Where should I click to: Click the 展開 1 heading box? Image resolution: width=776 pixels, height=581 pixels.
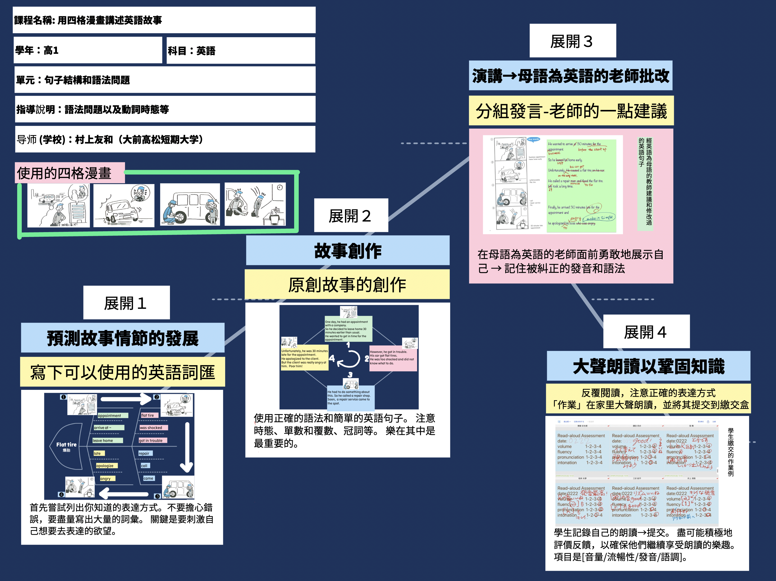pyautogui.click(x=126, y=303)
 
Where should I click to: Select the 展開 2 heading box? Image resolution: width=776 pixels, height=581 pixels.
pyautogui.click(x=351, y=216)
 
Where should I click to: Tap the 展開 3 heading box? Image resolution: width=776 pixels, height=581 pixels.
pyautogui.click(x=573, y=41)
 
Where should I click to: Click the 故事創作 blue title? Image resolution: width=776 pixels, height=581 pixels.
pyautogui.click(x=347, y=250)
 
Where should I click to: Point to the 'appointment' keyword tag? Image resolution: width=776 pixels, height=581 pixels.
pyautogui.click(x=112, y=415)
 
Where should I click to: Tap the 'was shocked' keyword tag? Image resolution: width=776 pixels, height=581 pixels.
pyautogui.click(x=153, y=428)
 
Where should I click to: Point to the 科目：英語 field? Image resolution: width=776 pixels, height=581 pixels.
pyautogui.click(x=241, y=51)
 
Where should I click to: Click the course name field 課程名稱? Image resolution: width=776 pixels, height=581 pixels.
pyautogui.click(x=164, y=20)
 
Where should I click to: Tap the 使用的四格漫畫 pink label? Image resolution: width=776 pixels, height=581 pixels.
pyautogui.click(x=70, y=173)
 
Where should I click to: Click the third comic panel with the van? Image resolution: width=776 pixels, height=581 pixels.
pyautogui.click(x=190, y=205)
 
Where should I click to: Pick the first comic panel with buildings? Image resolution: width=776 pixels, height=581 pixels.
pyautogui.click(x=58, y=205)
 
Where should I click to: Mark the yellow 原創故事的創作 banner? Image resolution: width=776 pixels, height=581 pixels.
pyautogui.click(x=347, y=284)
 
